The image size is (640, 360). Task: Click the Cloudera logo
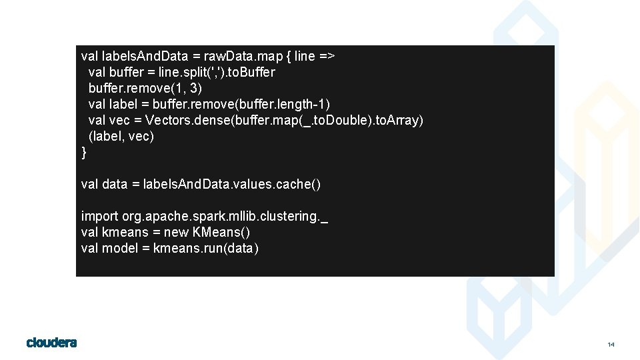51,343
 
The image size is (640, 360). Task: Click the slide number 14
611,345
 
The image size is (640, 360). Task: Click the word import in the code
100,216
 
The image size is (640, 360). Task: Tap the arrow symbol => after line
327,56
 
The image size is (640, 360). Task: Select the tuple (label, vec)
121,136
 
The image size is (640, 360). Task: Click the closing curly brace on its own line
84,153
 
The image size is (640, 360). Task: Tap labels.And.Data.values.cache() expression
232,184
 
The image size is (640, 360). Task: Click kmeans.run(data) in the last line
206,248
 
